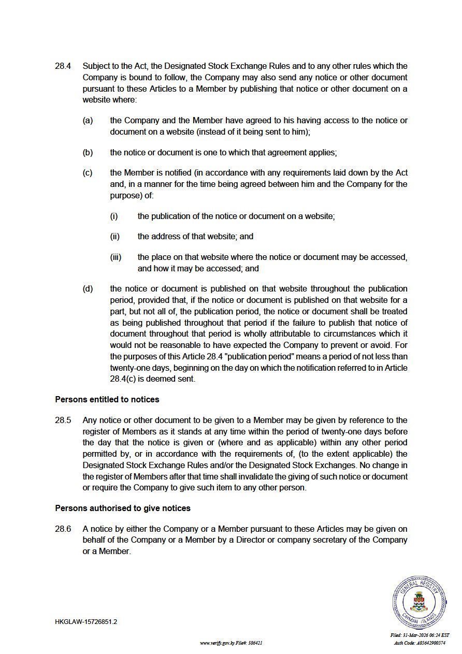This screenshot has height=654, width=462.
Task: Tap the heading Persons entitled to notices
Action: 107,400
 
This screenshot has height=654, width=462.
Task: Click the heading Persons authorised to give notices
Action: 123,508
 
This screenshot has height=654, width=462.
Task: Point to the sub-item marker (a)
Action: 88,121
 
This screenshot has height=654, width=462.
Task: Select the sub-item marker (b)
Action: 88,153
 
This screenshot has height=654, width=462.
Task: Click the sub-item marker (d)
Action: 88,289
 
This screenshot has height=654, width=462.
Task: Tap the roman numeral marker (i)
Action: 114,216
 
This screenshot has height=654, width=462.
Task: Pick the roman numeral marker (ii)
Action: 115,237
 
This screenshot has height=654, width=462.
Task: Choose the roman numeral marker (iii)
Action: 116,257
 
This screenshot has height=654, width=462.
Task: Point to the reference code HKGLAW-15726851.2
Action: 86,622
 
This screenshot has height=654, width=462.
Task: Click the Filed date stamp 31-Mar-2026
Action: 420,635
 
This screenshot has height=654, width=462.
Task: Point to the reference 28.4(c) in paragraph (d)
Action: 123,379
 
